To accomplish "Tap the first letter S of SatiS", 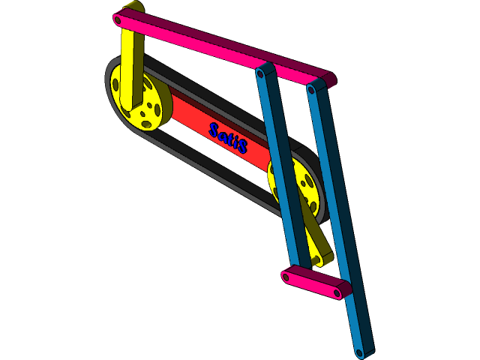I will pos(214,130).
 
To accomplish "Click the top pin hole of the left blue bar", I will pos(261,73).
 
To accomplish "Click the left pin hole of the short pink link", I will pos(287,276).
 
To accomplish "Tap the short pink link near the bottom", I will pos(315,283).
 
